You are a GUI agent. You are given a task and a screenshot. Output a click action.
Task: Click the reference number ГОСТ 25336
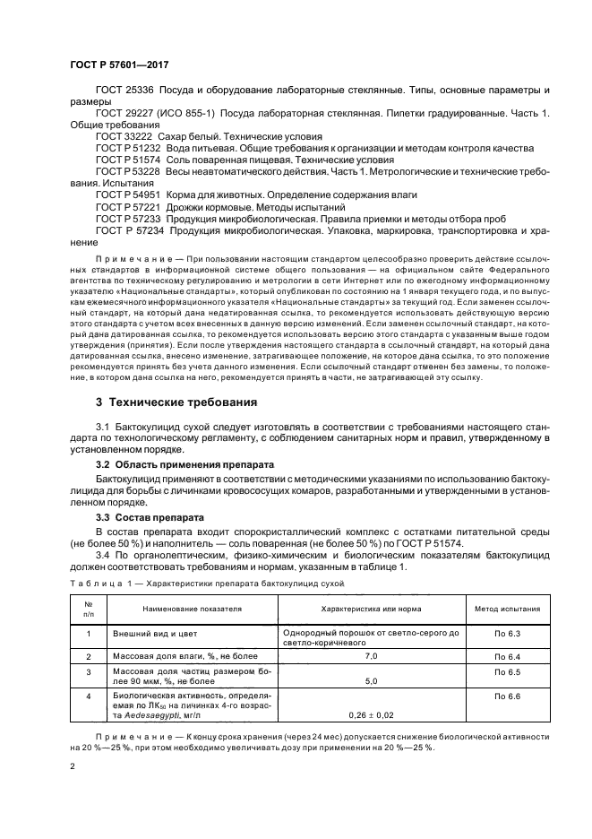coord(121,91)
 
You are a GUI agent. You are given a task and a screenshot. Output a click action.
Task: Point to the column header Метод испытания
coord(506,608)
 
